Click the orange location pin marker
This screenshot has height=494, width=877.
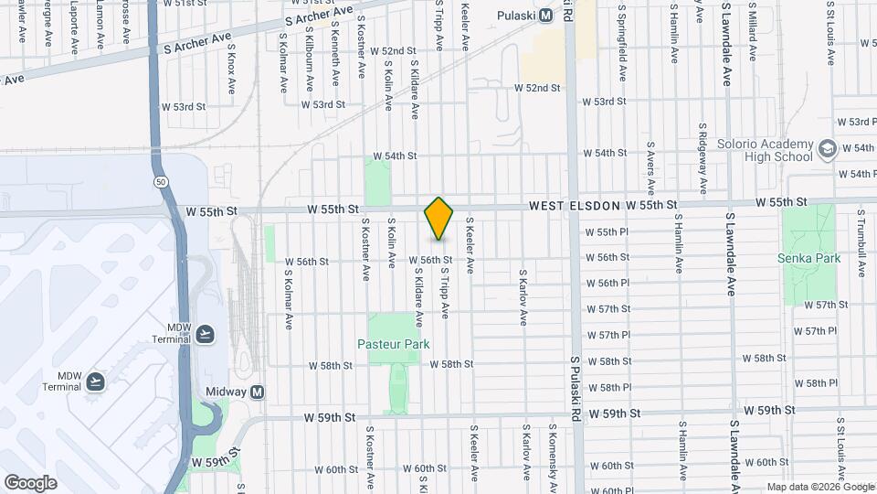(439, 219)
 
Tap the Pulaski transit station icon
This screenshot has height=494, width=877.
(545, 15)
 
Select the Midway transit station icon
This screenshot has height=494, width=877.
(258, 392)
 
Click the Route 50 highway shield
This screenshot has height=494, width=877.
(161, 183)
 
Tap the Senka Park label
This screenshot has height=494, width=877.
(808, 258)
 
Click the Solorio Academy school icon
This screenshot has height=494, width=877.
(827, 147)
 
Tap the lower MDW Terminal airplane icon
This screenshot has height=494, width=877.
(96, 380)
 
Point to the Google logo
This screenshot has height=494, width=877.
(30, 482)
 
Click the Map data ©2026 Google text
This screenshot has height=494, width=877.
(819, 487)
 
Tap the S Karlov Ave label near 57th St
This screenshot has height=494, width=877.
(523, 297)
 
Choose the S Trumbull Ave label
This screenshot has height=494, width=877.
(861, 241)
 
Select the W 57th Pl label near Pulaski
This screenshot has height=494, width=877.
(608, 335)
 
